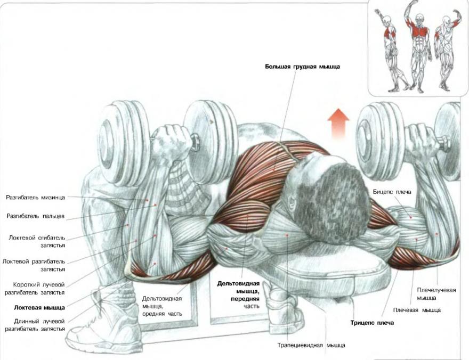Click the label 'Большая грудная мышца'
tap(302, 67)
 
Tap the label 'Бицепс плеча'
tap(392, 190)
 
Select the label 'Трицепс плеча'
tap(371, 323)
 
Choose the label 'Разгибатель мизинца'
tap(35, 197)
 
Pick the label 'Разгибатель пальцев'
tap(36, 216)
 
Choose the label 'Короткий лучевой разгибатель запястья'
tap(35, 288)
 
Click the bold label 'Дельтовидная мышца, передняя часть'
tap(238, 291)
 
